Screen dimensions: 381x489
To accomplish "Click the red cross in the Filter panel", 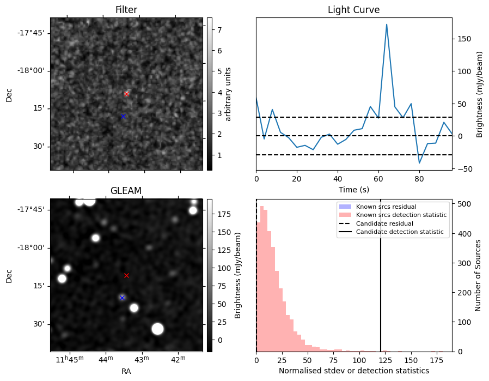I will pos(126,94).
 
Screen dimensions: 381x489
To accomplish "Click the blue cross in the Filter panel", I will pos(123,116).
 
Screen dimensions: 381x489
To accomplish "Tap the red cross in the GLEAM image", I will pos(126,275).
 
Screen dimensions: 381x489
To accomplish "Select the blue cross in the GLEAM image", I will pos(122,298).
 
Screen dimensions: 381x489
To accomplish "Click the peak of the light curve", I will pos(387,25).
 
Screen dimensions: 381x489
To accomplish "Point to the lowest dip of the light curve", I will pos(419,163).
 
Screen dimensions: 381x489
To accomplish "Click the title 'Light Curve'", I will pos(353,10).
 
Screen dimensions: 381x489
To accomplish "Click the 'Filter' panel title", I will pos(126,10).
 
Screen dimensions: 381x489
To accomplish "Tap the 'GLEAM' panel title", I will pos(126,190).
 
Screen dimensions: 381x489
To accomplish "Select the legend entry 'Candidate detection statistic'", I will pos(400,232).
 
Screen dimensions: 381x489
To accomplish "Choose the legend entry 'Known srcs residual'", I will pos(386,207).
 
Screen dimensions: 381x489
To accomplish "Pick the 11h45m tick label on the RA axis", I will pos(73,360).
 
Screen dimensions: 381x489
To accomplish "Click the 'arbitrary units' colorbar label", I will pos(228,94).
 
